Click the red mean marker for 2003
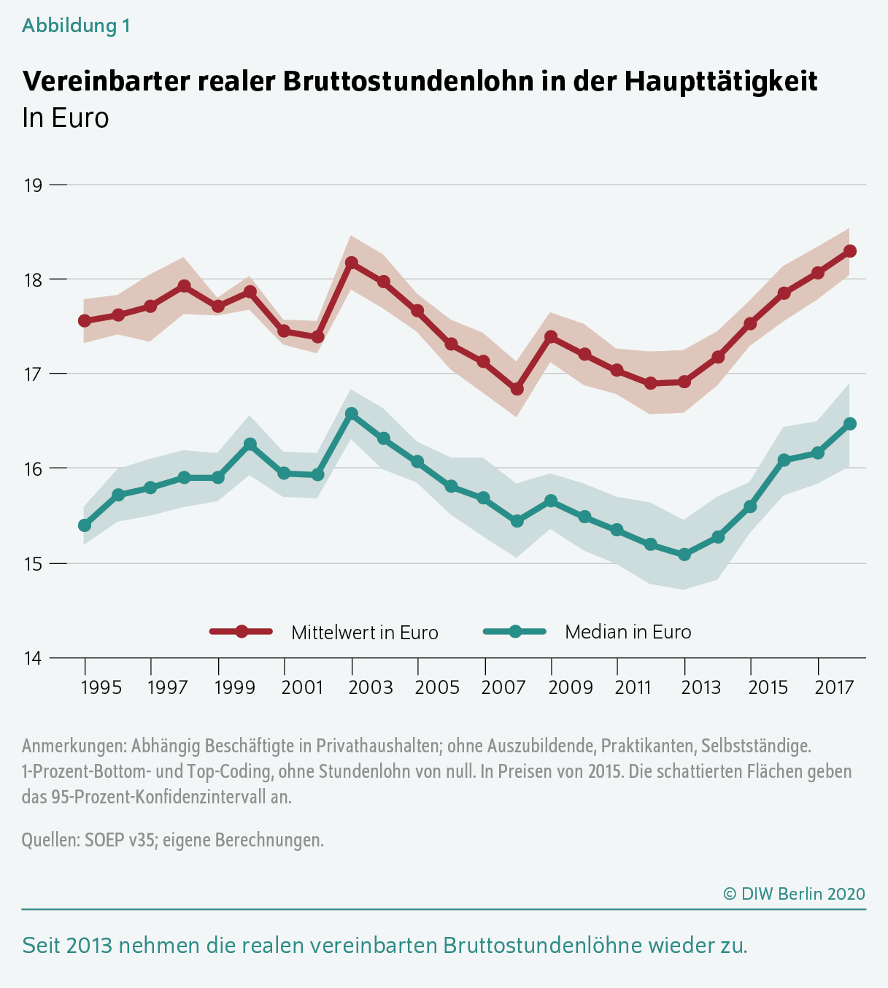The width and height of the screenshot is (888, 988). click(x=352, y=263)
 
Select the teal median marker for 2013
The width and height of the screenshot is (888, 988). click(x=684, y=555)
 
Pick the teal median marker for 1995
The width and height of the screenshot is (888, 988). click(x=85, y=525)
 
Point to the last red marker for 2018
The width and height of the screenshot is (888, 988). click(x=850, y=251)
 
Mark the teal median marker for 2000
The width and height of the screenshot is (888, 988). click(x=250, y=444)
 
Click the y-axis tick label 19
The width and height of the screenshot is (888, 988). click(x=34, y=185)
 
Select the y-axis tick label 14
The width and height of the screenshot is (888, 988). click(x=34, y=658)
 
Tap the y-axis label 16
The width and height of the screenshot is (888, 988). click(x=34, y=468)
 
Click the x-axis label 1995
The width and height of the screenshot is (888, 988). click(x=101, y=687)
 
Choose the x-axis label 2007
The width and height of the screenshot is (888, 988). click(x=503, y=687)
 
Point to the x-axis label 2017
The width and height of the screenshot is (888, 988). click(x=835, y=687)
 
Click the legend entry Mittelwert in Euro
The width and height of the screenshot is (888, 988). click(x=364, y=633)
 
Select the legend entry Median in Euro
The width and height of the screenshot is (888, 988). click(x=628, y=632)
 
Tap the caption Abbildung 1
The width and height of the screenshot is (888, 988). click(x=76, y=26)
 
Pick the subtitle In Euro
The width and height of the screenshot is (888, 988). click(x=66, y=118)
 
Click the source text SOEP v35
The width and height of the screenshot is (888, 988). click(x=119, y=840)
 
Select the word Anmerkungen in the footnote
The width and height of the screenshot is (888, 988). click(x=74, y=746)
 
